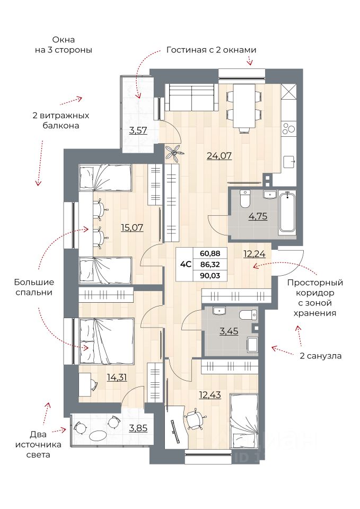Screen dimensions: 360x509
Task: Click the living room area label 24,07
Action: tap(219, 156)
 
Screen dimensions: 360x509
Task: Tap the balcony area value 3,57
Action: tap(138, 130)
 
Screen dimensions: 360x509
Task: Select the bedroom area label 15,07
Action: tap(132, 227)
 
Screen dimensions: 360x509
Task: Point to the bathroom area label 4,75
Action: tap(258, 216)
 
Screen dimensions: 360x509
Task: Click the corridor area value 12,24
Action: tap(254, 253)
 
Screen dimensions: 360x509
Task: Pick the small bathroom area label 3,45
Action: tap(229, 331)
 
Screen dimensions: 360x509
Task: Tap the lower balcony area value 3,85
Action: tap(138, 428)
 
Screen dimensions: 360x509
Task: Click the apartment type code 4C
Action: tap(186, 264)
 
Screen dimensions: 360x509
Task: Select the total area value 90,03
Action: tap(210, 276)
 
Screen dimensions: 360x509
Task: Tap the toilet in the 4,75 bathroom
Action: tap(245, 198)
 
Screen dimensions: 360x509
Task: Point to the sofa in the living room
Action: tap(191, 97)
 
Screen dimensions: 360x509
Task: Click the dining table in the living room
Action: tap(244, 106)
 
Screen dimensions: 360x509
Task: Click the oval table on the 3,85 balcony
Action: tap(98, 435)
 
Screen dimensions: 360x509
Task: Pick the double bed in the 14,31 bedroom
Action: tap(107, 341)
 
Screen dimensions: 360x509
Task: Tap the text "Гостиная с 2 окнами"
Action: tap(212, 50)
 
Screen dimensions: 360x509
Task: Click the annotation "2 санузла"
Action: tap(321, 356)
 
